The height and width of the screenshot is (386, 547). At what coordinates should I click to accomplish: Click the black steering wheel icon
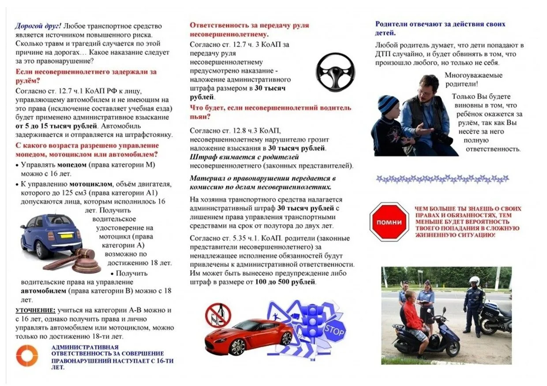coord(335,72)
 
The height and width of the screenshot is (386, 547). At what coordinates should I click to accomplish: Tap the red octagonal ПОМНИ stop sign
coord(388,222)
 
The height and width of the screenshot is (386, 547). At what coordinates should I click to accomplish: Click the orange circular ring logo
coord(27,356)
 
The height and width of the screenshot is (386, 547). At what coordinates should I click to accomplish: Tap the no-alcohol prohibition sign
coord(218,314)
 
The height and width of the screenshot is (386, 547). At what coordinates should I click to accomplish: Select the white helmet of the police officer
coord(474,280)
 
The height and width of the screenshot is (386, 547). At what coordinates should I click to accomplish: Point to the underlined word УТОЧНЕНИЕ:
coord(36,310)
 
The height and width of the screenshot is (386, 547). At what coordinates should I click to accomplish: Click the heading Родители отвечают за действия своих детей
coord(440,28)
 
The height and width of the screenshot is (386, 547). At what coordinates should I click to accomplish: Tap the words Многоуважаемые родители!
coord(473,79)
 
